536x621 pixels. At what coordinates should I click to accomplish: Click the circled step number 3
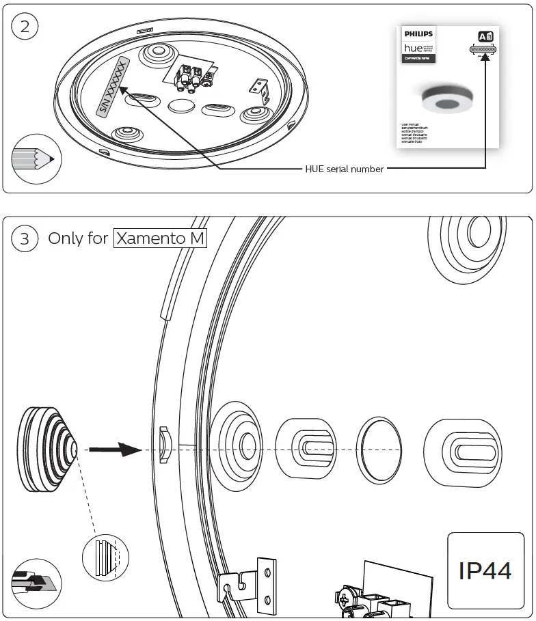(x=25, y=239)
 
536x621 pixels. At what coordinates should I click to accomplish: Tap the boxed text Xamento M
(x=161, y=238)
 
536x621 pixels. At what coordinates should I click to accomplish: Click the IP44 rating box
(x=485, y=570)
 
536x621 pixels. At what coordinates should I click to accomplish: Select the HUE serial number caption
(x=345, y=169)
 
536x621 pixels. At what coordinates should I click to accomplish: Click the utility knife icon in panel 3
(x=35, y=583)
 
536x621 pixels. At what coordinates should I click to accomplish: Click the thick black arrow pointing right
(x=116, y=450)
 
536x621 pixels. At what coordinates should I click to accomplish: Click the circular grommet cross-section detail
(x=105, y=557)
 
